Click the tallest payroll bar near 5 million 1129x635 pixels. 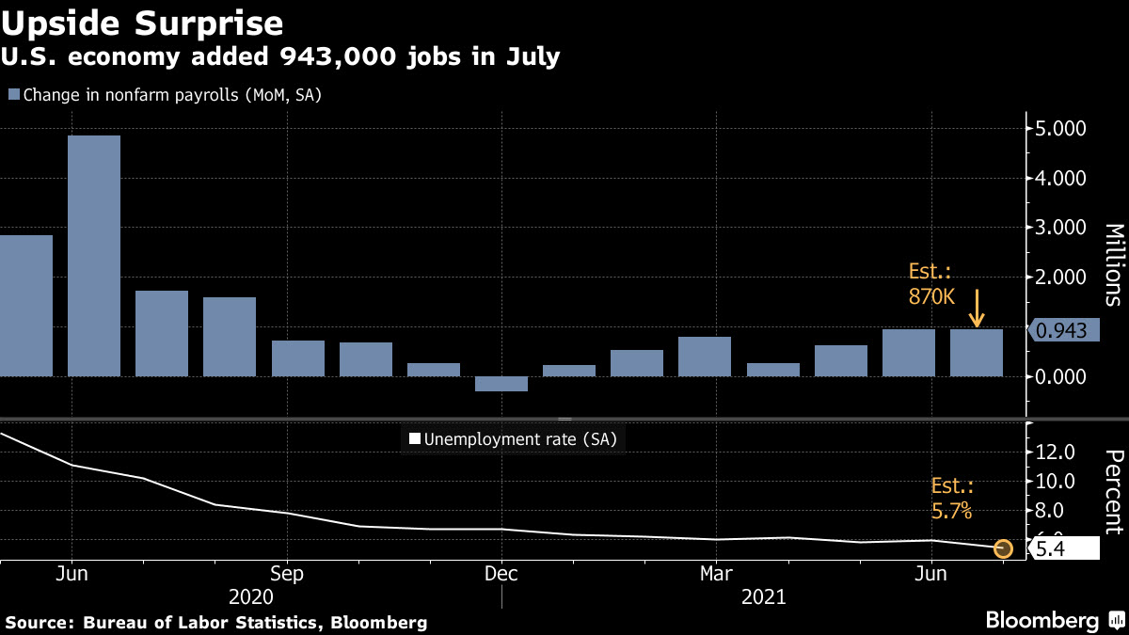[x=94, y=255]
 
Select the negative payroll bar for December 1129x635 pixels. [x=501, y=384]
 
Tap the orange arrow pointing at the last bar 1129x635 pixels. [x=978, y=309]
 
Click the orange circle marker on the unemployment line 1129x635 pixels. [x=1003, y=548]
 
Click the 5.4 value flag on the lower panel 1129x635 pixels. [x=1063, y=548]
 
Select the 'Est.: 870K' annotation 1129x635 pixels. [x=930, y=283]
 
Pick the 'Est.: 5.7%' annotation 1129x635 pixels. [x=952, y=500]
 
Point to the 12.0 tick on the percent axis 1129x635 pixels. [x=1054, y=452]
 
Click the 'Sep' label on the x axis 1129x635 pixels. [x=286, y=573]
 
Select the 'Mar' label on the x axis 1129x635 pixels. [x=717, y=573]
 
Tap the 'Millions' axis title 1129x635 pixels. [x=1113, y=264]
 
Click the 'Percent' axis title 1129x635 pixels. [x=1113, y=492]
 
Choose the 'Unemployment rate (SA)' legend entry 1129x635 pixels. [x=514, y=438]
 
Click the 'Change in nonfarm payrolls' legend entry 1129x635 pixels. [x=166, y=94]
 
